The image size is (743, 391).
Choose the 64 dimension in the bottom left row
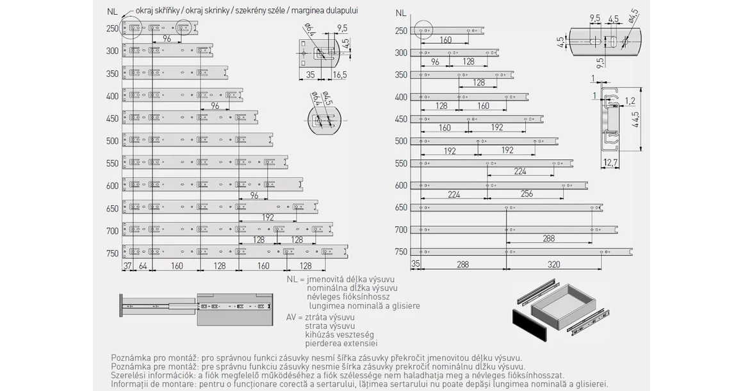click(142, 265)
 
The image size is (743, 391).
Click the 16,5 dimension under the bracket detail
click(339, 75)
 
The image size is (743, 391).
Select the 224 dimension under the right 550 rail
click(519, 171)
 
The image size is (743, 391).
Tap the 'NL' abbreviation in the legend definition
click(293, 279)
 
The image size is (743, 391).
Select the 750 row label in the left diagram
click(113, 253)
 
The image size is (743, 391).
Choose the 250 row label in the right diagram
click(401, 31)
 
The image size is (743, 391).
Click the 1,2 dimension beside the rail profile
click(630, 101)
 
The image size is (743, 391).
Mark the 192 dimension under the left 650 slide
click(268, 217)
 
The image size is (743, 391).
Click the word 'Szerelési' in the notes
click(129, 375)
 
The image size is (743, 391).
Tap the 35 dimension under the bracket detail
click(310, 75)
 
